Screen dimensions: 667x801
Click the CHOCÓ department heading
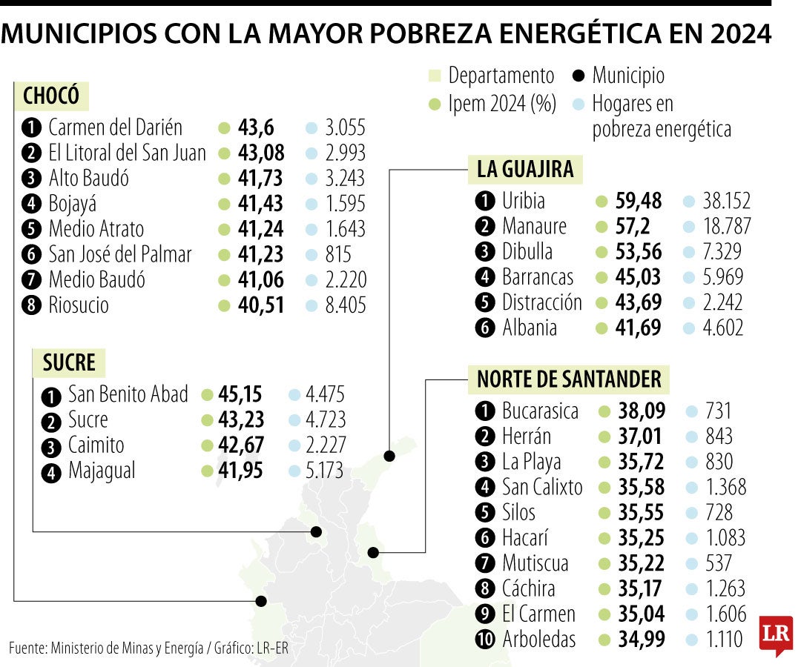51,96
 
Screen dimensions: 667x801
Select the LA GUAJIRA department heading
525,170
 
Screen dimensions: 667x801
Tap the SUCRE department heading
69,362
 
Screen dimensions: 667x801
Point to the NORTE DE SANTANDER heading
569,379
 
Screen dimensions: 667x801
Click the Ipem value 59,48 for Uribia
639,201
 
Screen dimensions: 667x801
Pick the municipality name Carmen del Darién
115,127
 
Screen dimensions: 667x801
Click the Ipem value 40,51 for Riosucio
260,305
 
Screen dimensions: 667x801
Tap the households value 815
338,254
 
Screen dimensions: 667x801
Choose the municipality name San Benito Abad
128,394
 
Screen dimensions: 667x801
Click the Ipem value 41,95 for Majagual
240,471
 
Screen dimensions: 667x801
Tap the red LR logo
775,634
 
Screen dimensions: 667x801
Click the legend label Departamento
501,76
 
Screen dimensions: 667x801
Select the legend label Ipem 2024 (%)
502,104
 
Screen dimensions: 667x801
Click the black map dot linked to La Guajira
389,456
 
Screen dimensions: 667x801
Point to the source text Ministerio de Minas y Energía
127,648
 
